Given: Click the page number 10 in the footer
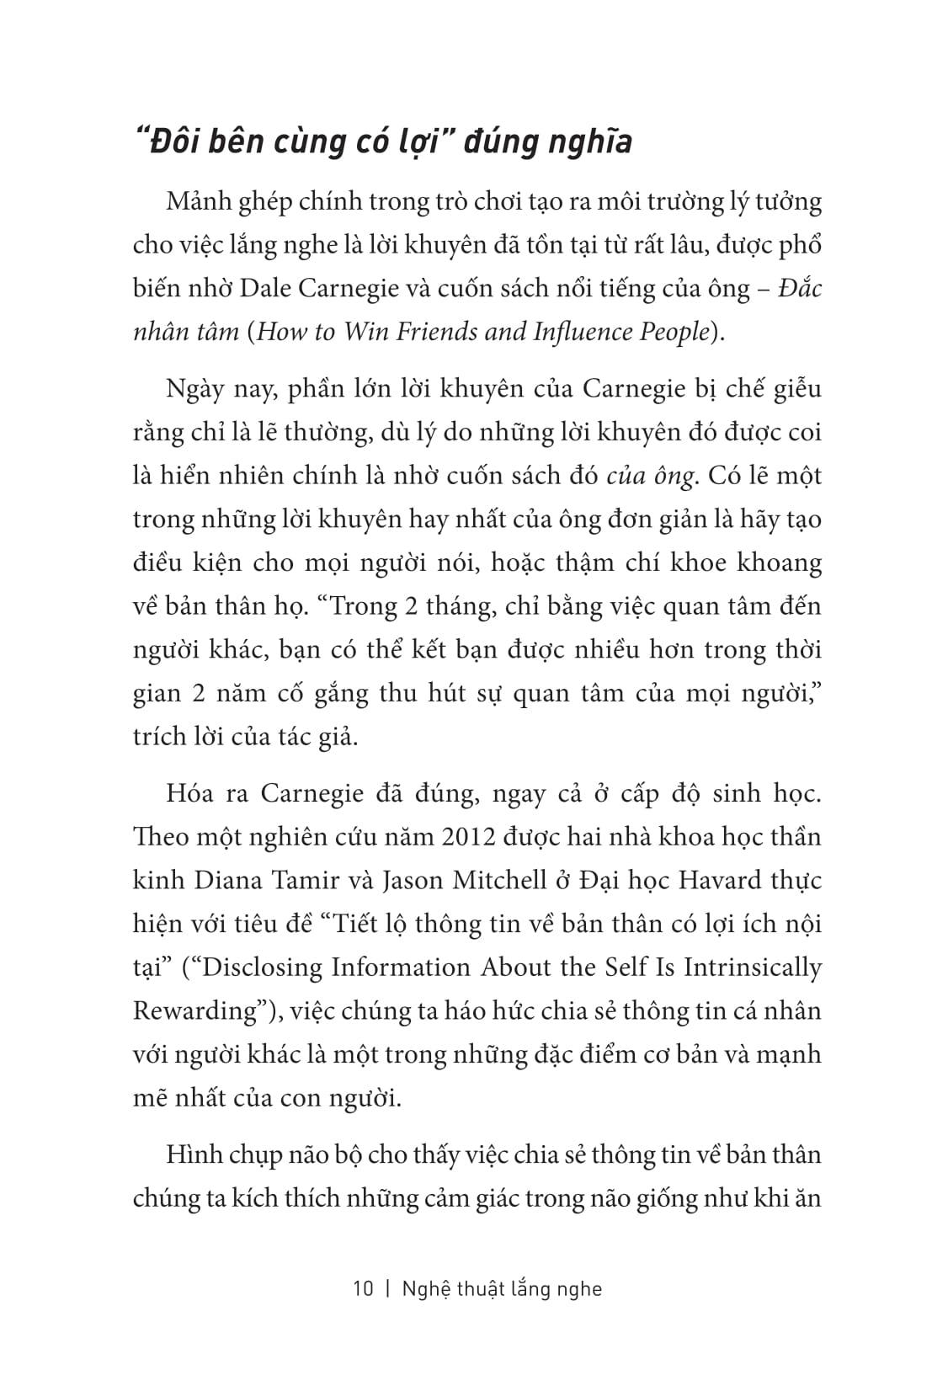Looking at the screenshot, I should click(362, 1289).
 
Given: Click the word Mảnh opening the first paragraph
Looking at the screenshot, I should click(200, 203).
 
